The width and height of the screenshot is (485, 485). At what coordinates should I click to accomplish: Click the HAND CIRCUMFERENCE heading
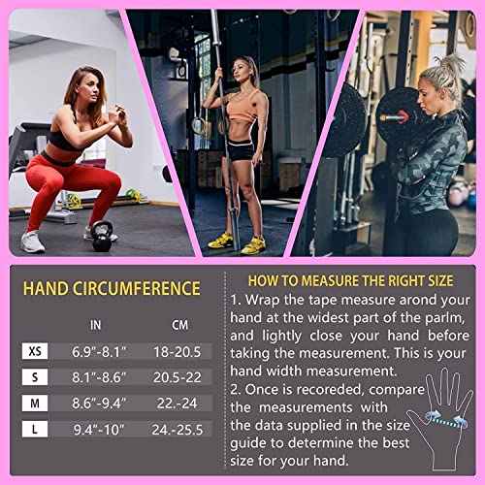(112, 288)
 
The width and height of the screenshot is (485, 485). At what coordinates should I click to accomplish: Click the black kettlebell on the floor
(102, 236)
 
